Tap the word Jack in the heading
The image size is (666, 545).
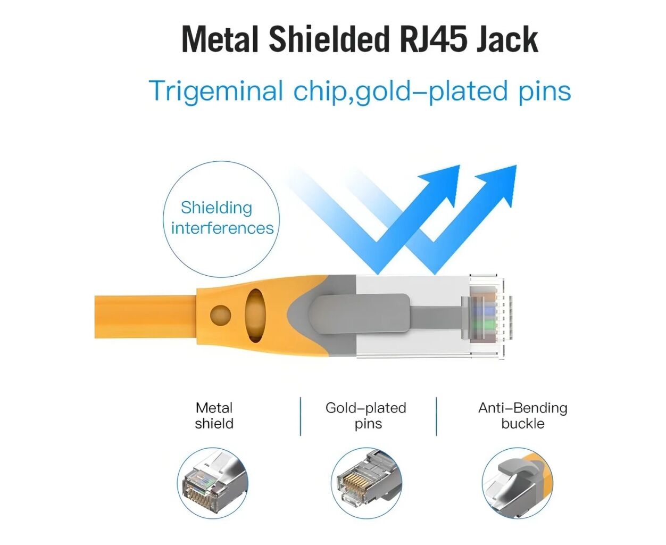click(507, 39)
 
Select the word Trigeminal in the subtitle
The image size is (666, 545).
click(215, 91)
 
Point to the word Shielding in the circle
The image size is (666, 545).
click(217, 208)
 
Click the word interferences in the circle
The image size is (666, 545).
click(222, 228)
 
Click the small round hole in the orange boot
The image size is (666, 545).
click(220, 315)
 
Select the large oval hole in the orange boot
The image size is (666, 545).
click(255, 315)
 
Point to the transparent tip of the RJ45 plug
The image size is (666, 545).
click(487, 315)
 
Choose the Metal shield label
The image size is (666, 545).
click(214, 416)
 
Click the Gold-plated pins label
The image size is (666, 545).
click(366, 416)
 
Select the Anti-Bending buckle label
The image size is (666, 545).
click(522, 416)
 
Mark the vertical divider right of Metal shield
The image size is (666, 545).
click(301, 416)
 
